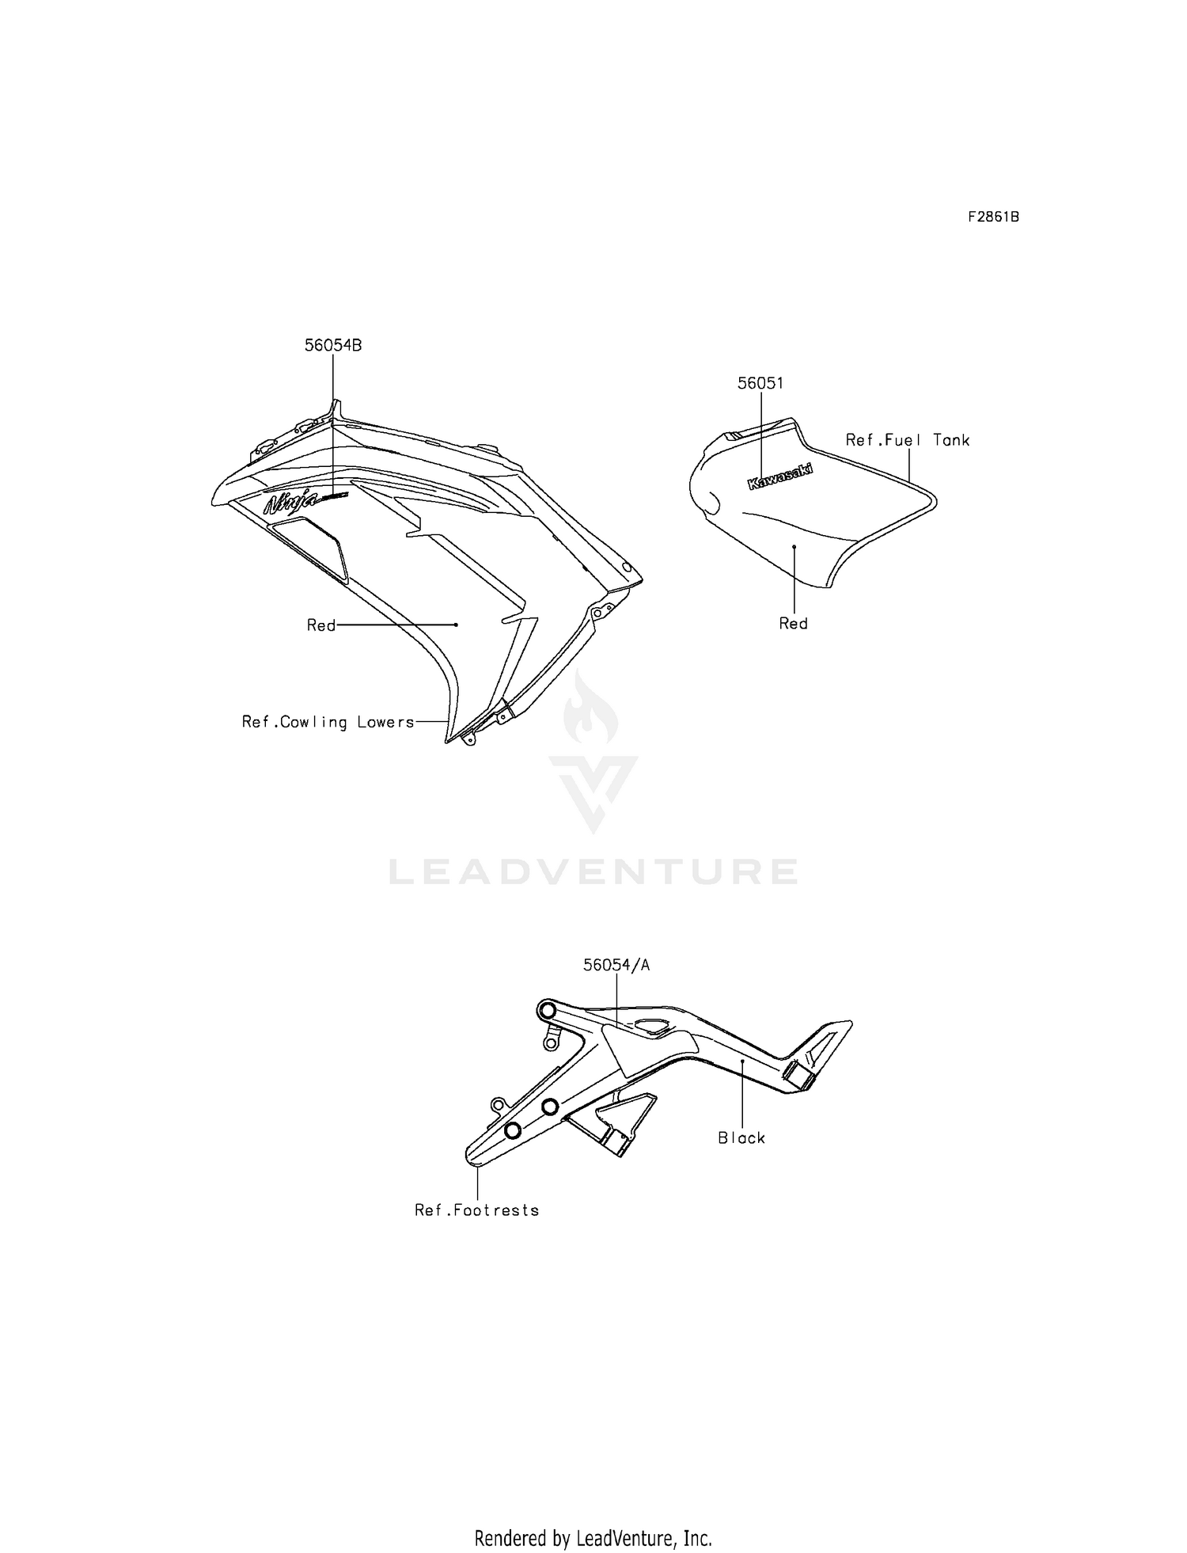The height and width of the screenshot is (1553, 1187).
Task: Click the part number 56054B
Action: pos(333,346)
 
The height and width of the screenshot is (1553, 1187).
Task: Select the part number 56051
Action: pos(760,383)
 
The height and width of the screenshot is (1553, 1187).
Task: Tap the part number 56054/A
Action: pos(616,965)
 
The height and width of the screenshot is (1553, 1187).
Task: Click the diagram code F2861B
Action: pos(993,216)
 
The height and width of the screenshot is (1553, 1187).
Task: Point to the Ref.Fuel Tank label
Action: pos(907,440)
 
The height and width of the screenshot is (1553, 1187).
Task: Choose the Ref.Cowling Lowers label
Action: pos(328,722)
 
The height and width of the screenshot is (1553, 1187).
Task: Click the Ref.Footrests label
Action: pos(476,1210)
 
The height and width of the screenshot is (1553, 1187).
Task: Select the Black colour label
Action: pos(741,1138)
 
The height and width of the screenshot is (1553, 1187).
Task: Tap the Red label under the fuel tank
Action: pos(793,624)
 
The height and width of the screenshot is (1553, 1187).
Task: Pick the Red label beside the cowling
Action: pos(321,625)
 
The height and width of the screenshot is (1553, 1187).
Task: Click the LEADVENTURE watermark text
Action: pos(593,871)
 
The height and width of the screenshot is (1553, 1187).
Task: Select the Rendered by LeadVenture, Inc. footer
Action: pos(593,1538)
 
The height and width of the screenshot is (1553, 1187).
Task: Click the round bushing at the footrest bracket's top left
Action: pos(546,1011)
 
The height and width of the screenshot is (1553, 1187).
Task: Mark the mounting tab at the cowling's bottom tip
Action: pos(468,739)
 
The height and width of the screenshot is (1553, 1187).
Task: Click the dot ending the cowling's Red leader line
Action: pos(457,625)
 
